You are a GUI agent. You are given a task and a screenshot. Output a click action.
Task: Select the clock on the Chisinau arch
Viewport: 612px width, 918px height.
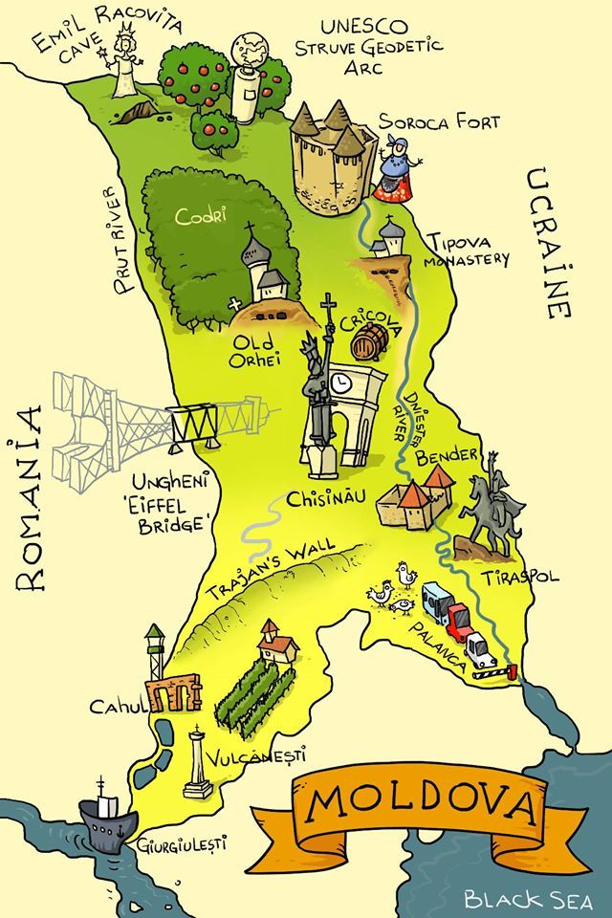342,383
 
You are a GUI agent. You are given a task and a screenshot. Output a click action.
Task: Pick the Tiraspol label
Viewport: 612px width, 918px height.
521,578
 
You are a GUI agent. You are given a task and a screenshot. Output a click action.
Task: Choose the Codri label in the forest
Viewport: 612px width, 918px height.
200,216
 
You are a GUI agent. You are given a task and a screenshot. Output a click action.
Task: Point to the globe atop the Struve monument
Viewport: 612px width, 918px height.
251,49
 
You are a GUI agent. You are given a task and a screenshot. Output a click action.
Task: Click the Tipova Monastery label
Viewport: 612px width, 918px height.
464,250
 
